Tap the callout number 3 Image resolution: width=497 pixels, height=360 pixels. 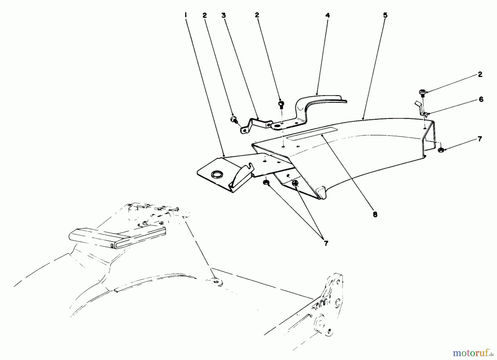click(x=223, y=15)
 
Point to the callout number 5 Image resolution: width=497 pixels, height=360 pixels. click(x=385, y=15)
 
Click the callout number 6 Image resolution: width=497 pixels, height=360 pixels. click(x=481, y=99)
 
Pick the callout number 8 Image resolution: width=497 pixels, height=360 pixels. click(x=375, y=214)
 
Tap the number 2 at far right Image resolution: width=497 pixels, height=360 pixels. click(x=480, y=74)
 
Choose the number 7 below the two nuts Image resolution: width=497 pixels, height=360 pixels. click(x=326, y=243)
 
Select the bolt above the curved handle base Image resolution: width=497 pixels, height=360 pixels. click(x=281, y=104)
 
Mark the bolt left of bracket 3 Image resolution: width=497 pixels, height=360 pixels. click(x=234, y=119)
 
